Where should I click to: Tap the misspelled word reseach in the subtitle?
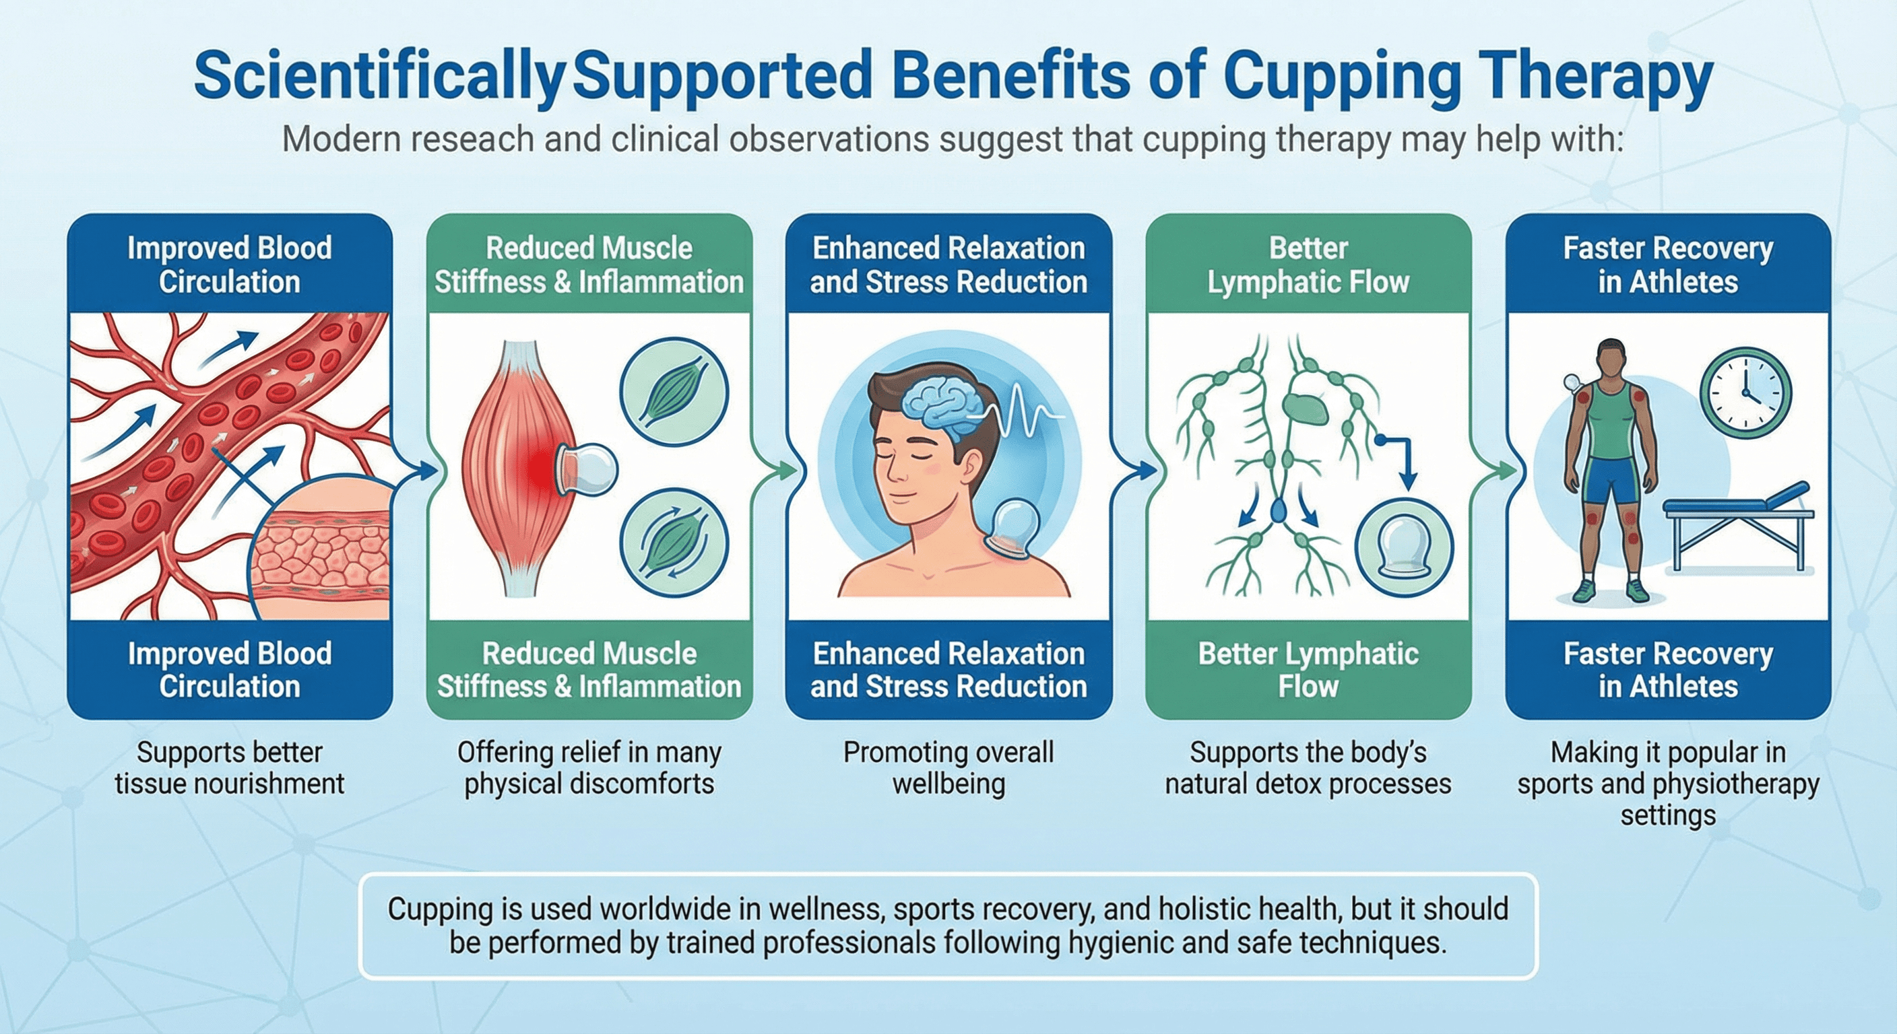[x=472, y=140]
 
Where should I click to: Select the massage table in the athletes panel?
[x=1738, y=522]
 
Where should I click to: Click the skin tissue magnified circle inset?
[x=324, y=548]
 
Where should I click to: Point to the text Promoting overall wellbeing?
[x=949, y=767]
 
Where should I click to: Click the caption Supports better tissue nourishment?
[x=229, y=767]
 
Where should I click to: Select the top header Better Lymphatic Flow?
[x=1308, y=265]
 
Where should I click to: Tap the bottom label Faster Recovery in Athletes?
[x=1668, y=670]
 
